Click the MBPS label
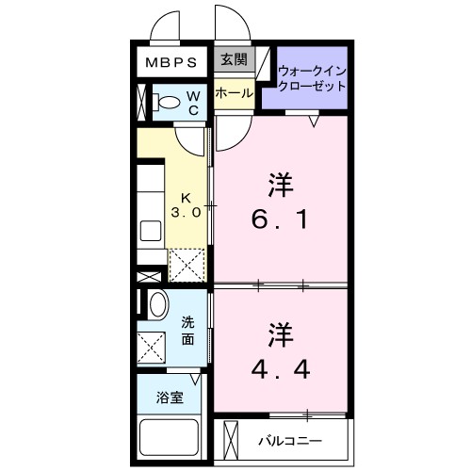(x=171, y=64)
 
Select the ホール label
(x=233, y=92)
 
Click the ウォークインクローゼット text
(x=311, y=77)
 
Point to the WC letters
(x=192, y=103)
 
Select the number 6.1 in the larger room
(x=279, y=223)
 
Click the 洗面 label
(x=188, y=331)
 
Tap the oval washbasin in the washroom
(x=157, y=303)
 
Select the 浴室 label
(x=170, y=397)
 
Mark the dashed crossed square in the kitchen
(x=186, y=265)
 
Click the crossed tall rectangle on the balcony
(x=227, y=438)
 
